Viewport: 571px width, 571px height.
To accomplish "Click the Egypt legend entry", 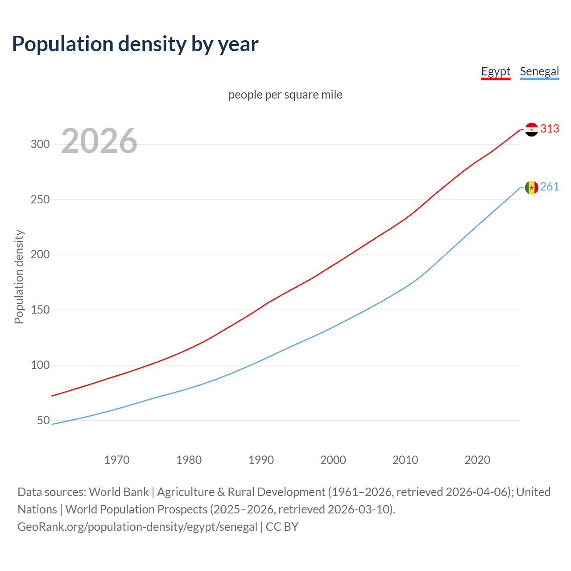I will (496, 71).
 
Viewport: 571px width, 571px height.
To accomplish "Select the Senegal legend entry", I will (539, 71).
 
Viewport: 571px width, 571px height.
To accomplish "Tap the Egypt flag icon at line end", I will (531, 129).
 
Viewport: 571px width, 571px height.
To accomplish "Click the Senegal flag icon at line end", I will (531, 187).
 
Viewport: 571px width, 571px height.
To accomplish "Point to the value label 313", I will (550, 129).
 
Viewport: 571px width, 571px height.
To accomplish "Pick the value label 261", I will (550, 187).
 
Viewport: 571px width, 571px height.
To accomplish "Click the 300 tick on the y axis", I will (40, 144).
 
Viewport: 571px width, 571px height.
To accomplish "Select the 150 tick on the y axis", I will (40, 310).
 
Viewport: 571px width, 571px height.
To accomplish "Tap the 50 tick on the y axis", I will (43, 420).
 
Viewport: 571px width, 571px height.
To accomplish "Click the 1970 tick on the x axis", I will (117, 460).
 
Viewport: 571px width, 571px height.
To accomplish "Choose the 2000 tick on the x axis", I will (333, 460).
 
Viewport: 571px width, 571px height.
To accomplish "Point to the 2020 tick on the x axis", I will (477, 460).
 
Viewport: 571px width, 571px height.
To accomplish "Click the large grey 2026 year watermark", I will (99, 141).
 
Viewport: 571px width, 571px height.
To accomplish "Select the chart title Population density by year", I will (135, 44).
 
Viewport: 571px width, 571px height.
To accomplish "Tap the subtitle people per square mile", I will (285, 95).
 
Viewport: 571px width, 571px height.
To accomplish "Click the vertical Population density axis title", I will (19, 277).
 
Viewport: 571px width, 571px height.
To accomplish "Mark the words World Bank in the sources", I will (119, 492).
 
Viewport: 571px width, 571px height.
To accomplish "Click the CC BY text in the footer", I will (282, 527).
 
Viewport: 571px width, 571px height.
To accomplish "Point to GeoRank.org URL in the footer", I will (137, 527).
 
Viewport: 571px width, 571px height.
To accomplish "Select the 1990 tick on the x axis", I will (261, 460).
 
